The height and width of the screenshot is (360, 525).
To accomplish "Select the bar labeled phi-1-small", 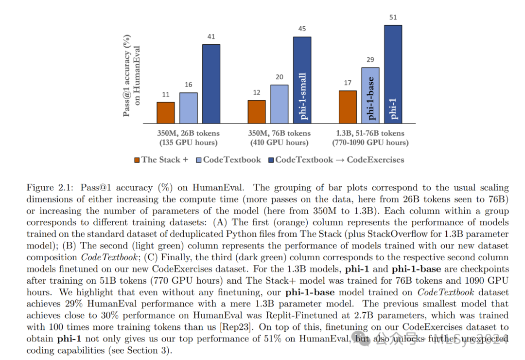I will coord(302,79).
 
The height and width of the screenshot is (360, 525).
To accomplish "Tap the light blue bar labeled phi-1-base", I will coord(370,95).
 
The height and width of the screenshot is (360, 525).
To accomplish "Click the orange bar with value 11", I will coord(165,112).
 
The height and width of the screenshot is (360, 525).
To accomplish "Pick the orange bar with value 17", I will coord(347,107).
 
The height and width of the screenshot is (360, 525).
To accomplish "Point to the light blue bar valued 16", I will coord(188,108).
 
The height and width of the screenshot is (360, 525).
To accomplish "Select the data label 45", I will coord(302,29).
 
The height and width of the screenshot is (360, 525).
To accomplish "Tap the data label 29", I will coord(370,60).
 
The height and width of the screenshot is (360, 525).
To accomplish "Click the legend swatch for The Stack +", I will coord(137,159).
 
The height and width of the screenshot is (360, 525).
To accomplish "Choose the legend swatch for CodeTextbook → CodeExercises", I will coord(271,159).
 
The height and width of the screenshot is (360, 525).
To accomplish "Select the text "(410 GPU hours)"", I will coord(279,143).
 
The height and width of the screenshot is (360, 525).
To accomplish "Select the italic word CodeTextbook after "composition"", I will coord(107,257).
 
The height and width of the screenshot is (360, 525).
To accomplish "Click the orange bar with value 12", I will coord(257,111).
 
